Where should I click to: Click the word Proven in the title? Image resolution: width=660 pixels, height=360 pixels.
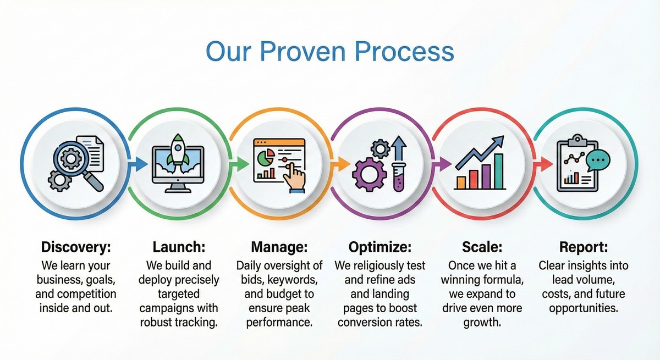click(303, 52)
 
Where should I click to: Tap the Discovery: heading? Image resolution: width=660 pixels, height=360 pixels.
click(76, 247)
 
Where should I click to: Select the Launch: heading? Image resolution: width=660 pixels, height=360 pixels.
click(179, 247)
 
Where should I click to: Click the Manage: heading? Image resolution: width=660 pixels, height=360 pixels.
click(279, 247)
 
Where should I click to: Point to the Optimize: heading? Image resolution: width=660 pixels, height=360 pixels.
click(380, 247)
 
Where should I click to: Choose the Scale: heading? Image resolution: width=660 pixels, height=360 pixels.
click(482, 247)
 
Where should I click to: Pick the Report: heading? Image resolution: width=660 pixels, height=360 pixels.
click(584, 247)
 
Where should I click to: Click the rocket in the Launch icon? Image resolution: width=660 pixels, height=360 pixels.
click(178, 149)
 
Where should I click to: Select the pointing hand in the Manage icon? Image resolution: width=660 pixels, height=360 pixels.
click(294, 178)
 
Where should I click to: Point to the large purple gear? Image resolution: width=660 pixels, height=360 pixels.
click(369, 175)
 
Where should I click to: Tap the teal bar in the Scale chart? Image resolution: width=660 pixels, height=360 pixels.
click(498, 171)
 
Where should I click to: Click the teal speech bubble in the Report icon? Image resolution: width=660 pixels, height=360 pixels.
click(597, 160)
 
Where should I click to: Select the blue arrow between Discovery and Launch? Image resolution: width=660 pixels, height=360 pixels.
click(138, 164)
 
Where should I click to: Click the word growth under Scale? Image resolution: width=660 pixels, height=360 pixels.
click(482, 323)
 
